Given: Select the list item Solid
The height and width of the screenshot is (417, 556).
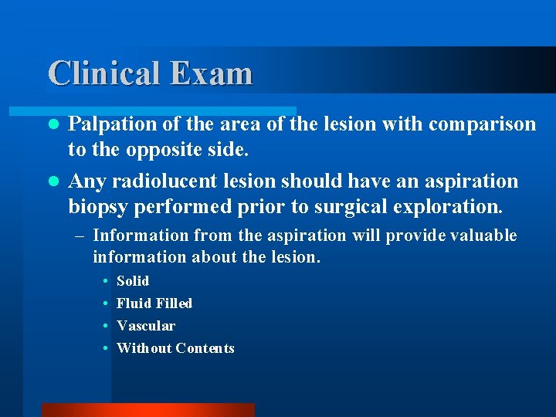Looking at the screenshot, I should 132,281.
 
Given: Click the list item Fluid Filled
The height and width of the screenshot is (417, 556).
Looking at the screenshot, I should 154,303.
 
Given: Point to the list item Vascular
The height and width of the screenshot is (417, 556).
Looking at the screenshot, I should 146,326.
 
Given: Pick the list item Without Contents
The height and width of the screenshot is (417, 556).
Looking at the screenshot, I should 175,348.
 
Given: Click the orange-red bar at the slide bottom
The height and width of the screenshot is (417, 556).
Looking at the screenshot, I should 147,410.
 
